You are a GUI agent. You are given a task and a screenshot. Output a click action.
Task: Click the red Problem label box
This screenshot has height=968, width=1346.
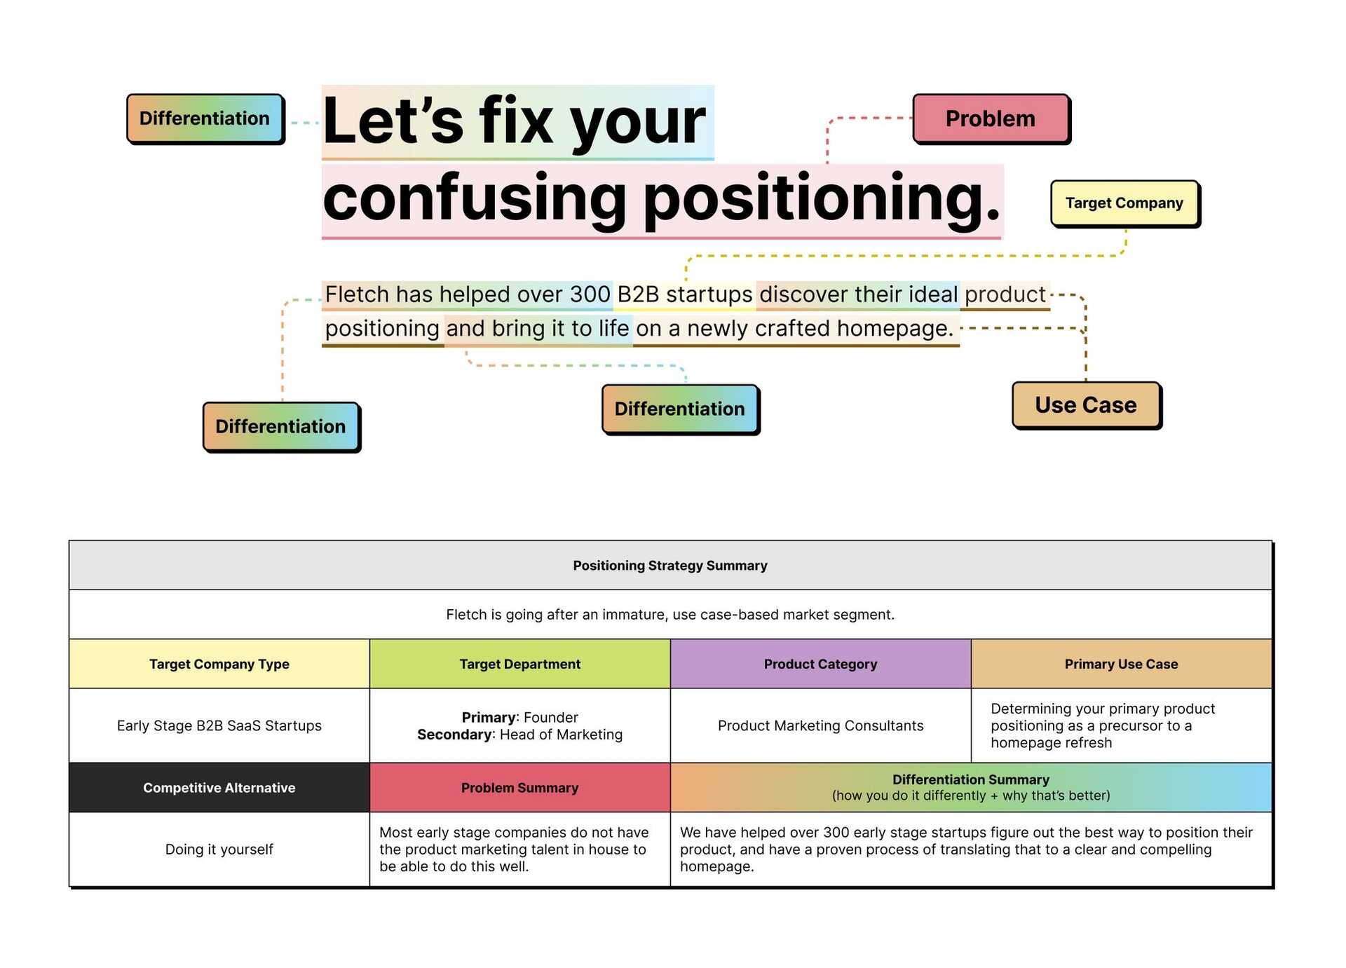click(990, 118)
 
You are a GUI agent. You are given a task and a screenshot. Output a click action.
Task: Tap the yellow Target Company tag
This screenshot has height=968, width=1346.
click(1124, 203)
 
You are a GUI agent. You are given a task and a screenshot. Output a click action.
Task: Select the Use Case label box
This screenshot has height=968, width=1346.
click(1085, 404)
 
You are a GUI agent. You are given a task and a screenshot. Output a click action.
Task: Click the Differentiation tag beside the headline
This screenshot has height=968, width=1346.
click(204, 118)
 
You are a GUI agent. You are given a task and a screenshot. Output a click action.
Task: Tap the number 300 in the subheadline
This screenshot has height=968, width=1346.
click(589, 294)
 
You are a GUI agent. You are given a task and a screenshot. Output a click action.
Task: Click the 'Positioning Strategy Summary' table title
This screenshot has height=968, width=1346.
click(669, 565)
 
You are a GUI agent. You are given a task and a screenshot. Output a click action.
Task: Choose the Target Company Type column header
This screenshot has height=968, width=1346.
click(219, 664)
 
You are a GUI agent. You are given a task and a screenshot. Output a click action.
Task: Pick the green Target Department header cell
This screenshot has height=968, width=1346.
click(519, 664)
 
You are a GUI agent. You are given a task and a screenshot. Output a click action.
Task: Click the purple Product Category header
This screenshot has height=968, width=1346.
click(820, 664)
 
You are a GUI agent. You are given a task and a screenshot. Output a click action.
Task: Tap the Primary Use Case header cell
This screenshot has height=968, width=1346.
click(1120, 664)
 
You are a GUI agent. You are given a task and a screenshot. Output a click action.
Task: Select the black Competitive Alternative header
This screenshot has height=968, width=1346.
click(219, 787)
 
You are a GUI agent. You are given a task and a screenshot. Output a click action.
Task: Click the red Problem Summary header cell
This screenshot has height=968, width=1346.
click(519, 787)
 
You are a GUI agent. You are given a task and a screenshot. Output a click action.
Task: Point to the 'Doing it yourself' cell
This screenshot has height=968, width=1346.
click(219, 849)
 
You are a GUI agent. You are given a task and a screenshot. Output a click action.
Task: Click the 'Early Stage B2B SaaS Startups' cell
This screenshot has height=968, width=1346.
click(219, 725)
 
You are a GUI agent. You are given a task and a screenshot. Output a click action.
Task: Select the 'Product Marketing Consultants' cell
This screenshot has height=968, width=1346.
click(820, 725)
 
